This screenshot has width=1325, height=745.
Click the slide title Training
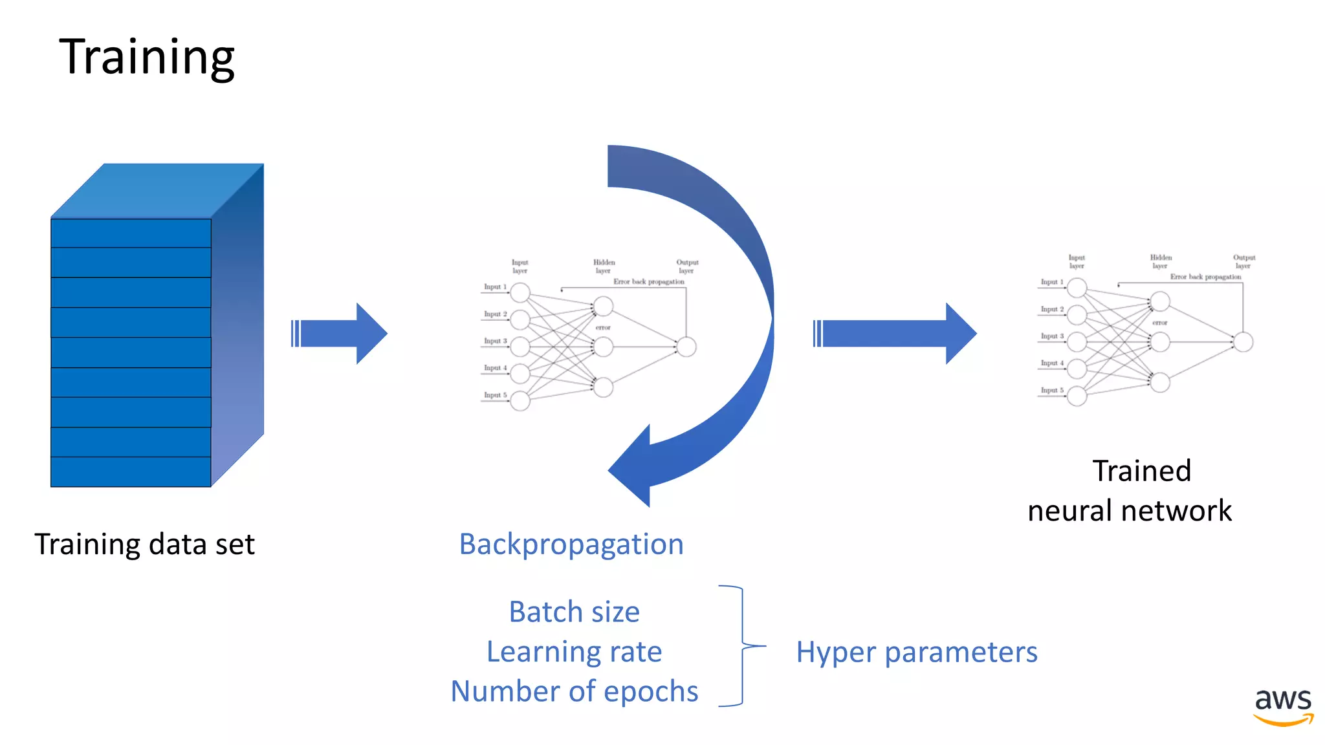[147, 57]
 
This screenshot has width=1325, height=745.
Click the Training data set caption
[144, 544]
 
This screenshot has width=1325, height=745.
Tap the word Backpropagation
[571, 544]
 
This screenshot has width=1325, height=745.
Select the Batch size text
[574, 612]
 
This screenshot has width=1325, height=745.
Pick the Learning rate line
[574, 651]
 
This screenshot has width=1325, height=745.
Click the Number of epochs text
[574, 691]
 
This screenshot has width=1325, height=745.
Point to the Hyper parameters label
[916, 652]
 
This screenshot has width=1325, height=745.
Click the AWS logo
[1283, 707]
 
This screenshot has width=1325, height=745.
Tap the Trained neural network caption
[1130, 490]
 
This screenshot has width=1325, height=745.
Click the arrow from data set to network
[340, 334]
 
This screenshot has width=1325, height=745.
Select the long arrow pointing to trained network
[895, 334]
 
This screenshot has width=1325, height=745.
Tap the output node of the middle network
[686, 347]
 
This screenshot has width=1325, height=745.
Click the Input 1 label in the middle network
[495, 286]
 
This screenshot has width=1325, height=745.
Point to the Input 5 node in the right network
[1077, 396]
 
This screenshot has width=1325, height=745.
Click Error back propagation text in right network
[1205, 277]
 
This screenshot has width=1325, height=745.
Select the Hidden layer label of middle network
[604, 266]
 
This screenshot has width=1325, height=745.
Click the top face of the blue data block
[157, 190]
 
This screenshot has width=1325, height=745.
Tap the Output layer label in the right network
[1243, 261]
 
